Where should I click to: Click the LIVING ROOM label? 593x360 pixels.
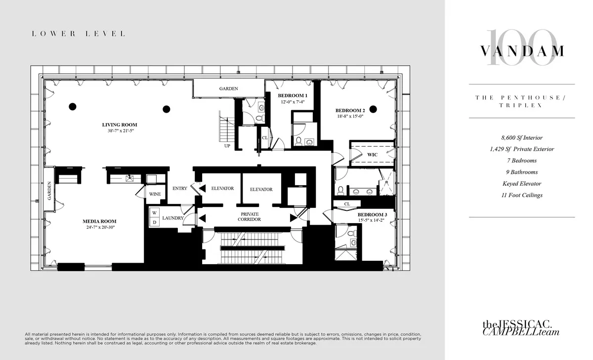120,124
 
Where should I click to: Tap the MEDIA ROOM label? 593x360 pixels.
99,221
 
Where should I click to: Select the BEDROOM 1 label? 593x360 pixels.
293,95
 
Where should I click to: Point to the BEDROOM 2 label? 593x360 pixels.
350,110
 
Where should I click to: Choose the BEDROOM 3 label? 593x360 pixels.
372,214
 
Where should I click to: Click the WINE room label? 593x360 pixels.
155,195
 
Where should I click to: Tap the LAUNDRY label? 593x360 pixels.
173,218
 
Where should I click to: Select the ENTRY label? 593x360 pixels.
180,189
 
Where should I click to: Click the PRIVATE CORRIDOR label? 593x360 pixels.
249,216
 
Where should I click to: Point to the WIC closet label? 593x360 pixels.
372,154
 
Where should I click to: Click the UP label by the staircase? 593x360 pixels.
227,146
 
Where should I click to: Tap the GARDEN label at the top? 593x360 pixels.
229,89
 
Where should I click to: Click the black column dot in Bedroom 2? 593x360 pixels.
373,109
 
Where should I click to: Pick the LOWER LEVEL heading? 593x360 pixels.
78,34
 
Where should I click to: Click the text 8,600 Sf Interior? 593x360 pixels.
521,138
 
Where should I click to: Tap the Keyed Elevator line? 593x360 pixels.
521,184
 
